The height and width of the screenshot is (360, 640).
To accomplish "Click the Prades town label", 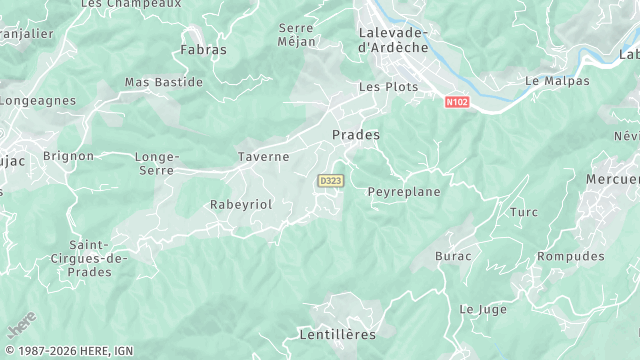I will click(355, 133).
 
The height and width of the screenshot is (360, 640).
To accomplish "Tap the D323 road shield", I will click(330, 180).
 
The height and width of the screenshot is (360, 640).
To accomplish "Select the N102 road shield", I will click(457, 101).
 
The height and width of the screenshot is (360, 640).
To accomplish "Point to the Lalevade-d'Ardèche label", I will click(392, 39).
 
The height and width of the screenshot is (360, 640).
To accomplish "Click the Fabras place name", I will click(203, 49).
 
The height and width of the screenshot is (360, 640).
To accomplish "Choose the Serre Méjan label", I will click(297, 35).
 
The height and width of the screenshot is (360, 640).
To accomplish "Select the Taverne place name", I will click(263, 156).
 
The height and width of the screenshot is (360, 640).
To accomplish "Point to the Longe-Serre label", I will click(156, 163).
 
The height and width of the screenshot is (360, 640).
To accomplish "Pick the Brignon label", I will click(69, 156).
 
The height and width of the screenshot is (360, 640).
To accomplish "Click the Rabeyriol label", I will click(240, 204).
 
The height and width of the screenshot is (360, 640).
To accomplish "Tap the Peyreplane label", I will click(404, 191).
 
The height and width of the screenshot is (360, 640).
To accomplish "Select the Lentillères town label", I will click(337, 333).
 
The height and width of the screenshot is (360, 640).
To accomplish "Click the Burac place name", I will click(453, 256).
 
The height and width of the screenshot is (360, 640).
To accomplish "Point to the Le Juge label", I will click(483, 310).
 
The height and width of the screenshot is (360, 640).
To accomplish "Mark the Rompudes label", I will click(571, 256).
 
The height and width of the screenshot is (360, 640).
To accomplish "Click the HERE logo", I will click(22, 325).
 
